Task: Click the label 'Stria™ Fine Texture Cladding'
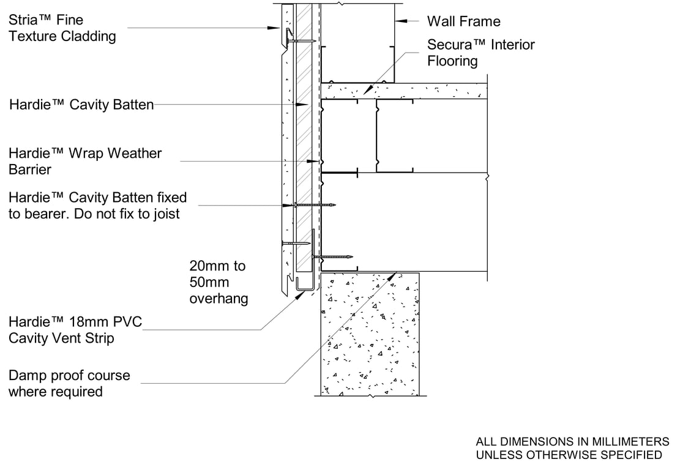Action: pyautogui.click(x=62, y=28)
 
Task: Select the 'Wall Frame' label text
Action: pyautogui.click(x=463, y=21)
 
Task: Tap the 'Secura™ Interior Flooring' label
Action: pyautogui.click(x=480, y=53)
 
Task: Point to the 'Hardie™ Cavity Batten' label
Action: pyautogui.click(x=81, y=105)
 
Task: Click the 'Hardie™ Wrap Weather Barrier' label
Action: pyautogui.click(x=85, y=161)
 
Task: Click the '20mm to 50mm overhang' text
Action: pyautogui.click(x=219, y=282)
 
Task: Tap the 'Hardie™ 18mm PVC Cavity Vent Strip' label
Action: pyautogui.click(x=75, y=330)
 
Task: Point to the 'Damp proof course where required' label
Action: pyautogui.click(x=69, y=383)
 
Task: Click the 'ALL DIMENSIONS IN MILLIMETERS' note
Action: pyautogui.click(x=572, y=441)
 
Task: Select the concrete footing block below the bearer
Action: pyautogui.click(x=370, y=334)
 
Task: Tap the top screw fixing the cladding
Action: pyautogui.click(x=300, y=41)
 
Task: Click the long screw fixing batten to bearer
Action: pyautogui.click(x=315, y=205)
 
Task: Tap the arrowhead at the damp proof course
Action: pyautogui.click(x=395, y=276)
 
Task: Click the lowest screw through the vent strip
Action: pyautogui.click(x=334, y=256)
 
